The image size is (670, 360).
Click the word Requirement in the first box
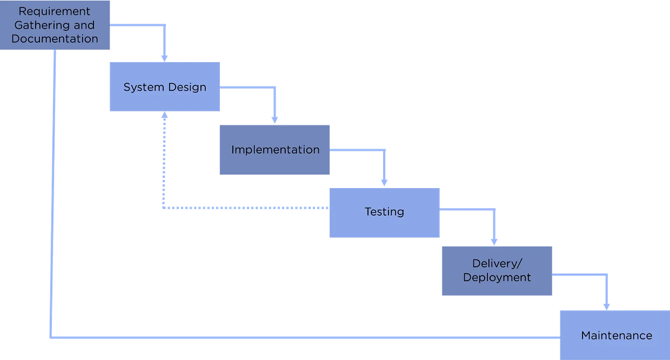55,11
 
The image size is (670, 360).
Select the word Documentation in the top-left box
55,39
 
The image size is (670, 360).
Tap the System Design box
164,87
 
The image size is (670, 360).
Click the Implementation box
274,150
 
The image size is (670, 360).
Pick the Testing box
384,212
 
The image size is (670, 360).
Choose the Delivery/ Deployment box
497,270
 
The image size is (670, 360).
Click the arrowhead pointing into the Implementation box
274,120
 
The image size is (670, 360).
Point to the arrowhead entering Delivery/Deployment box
493,241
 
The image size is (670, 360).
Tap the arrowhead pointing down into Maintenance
606,305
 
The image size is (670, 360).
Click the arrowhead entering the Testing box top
384,182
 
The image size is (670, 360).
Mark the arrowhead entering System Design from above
165,58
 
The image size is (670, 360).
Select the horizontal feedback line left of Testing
243,207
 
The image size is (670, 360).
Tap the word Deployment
497,277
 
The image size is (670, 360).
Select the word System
139,87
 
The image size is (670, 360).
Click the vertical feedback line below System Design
163,162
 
